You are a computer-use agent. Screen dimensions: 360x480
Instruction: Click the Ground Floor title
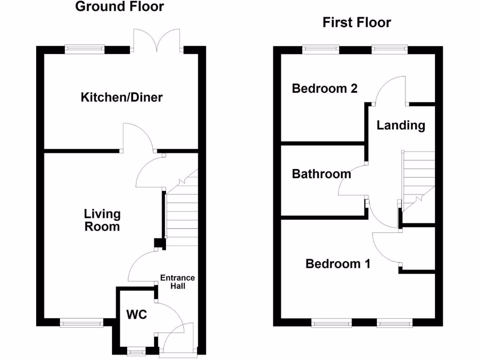120,7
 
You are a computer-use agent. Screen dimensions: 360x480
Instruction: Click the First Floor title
356,22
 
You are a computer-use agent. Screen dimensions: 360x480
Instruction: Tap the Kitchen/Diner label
122,97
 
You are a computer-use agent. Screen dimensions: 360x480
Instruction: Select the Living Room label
102,220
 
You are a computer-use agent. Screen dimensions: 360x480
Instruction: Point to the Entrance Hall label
177,282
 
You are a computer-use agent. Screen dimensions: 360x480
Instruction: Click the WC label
136,315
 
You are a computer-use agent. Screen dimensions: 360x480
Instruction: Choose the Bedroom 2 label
324,88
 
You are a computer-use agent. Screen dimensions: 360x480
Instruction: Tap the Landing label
401,125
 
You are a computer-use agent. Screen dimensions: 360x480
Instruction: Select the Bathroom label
321,174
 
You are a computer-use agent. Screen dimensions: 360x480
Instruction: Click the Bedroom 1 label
337,264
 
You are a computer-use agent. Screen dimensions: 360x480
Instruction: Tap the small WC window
136,349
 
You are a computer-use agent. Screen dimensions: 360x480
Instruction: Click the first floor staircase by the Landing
417,180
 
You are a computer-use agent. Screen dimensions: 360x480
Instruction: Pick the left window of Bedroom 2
321,48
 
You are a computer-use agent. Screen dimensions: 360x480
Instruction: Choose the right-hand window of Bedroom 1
394,322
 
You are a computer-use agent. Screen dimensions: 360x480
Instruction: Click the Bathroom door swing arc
352,183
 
